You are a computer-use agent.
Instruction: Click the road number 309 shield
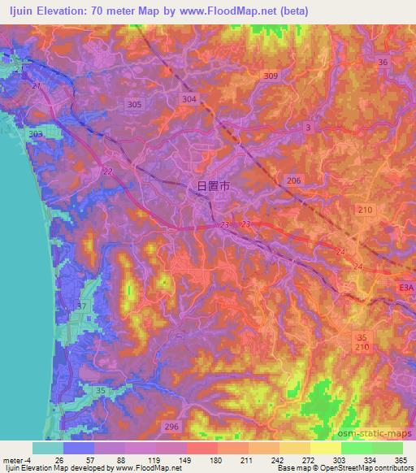(x=271, y=76)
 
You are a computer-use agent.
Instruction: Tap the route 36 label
(x=383, y=63)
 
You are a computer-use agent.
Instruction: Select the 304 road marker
(x=189, y=98)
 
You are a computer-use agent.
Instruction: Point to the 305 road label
(x=135, y=104)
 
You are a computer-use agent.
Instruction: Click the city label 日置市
(x=213, y=185)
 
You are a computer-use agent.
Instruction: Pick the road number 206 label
(x=294, y=180)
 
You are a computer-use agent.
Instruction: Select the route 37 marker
(x=81, y=306)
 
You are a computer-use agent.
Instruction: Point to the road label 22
(x=108, y=171)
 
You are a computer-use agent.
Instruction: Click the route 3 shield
(x=309, y=128)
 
